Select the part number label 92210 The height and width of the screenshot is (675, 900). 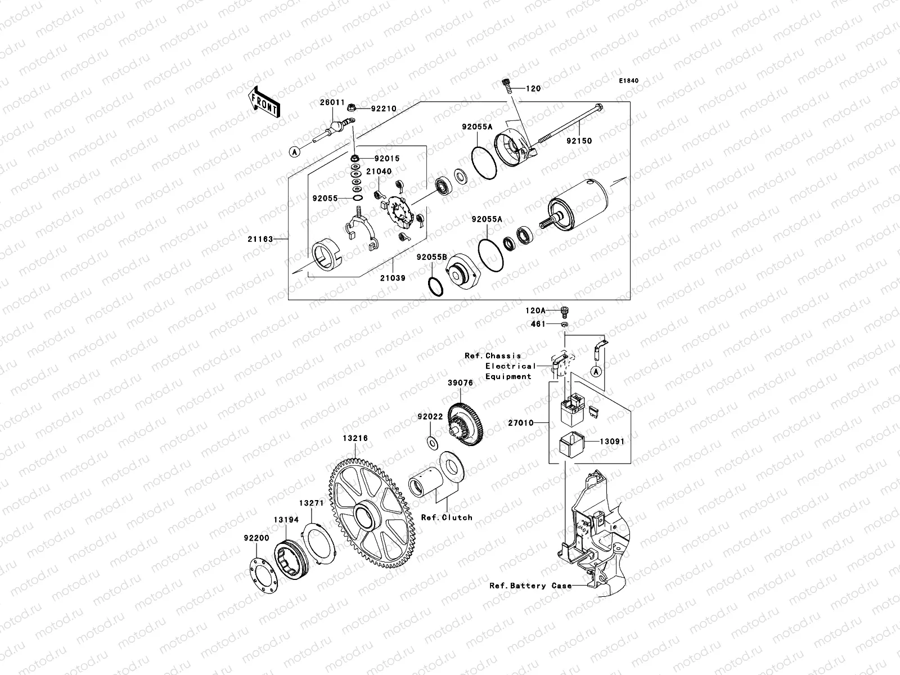[384, 109]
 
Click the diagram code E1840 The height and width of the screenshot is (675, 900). [629, 81]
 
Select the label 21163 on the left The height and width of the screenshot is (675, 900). [260, 239]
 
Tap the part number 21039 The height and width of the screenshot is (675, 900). [392, 278]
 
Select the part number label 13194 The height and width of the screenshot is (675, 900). [286, 520]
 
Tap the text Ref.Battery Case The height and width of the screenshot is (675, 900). [530, 586]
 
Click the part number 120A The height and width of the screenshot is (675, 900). [535, 310]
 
